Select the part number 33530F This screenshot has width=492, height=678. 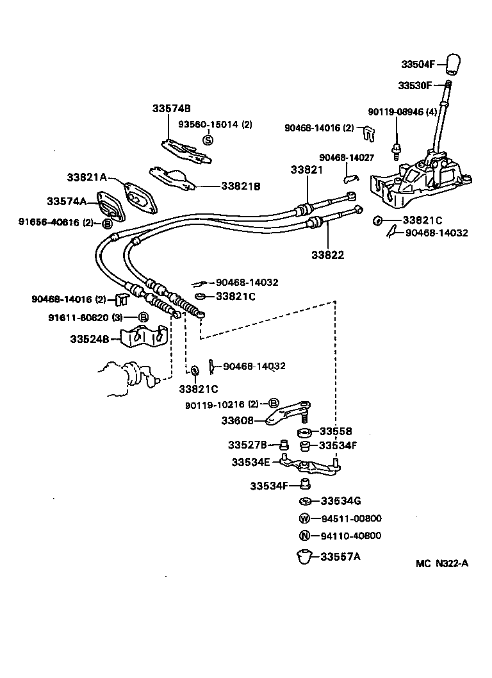415,85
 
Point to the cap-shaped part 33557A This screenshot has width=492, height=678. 305,556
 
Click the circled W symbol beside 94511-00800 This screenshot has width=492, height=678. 305,518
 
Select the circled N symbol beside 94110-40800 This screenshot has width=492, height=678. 305,536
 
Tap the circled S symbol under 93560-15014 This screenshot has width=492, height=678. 207,140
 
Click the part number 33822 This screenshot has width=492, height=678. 328,254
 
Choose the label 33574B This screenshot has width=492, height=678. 171,108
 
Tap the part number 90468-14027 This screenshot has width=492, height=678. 346,157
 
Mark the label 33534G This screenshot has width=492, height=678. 340,500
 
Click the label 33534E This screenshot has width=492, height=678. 253,461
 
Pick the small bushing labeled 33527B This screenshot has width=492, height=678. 281,445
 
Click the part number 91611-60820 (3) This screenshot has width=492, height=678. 85,317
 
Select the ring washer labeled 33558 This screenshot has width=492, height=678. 306,431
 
